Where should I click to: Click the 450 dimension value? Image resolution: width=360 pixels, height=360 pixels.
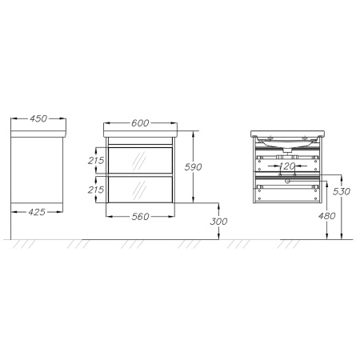[38, 118]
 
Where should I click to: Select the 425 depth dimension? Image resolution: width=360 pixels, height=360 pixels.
[37, 212]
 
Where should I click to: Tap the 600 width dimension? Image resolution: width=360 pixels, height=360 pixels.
[140, 123]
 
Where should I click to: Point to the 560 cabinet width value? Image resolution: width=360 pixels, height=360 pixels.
[140, 217]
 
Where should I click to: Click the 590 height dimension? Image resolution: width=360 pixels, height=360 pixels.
[194, 167]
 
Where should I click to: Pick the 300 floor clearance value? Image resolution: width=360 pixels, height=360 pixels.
[218, 222]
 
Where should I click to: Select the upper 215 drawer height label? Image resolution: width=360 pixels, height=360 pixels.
[96, 161]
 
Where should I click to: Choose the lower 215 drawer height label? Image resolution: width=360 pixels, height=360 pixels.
[96, 190]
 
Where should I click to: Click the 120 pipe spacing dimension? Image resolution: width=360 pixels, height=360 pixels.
[287, 166]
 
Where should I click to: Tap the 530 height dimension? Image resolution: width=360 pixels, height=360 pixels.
[342, 191]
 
